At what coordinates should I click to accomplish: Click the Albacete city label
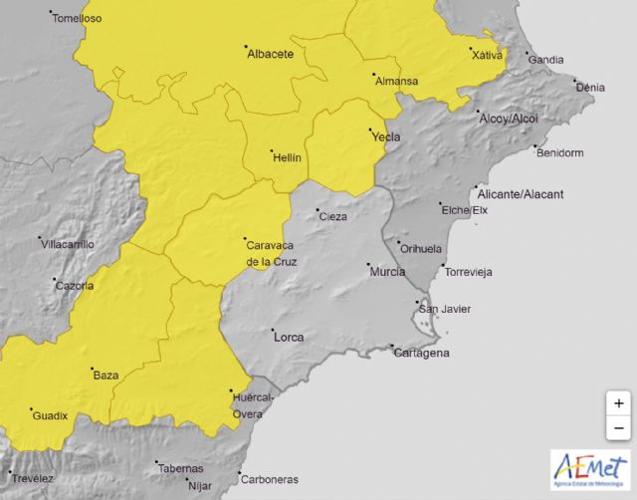pos(270,54)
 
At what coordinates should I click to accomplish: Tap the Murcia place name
pos(386,272)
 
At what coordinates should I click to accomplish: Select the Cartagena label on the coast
pos(422,353)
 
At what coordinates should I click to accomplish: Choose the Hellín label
pos(288,156)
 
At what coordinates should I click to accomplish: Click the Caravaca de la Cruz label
pos(271,252)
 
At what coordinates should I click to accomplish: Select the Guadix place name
pos(50,415)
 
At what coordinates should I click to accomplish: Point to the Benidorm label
pos(559,153)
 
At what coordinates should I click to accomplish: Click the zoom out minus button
pos(618,427)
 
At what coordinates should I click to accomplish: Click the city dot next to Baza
pos(91,368)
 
